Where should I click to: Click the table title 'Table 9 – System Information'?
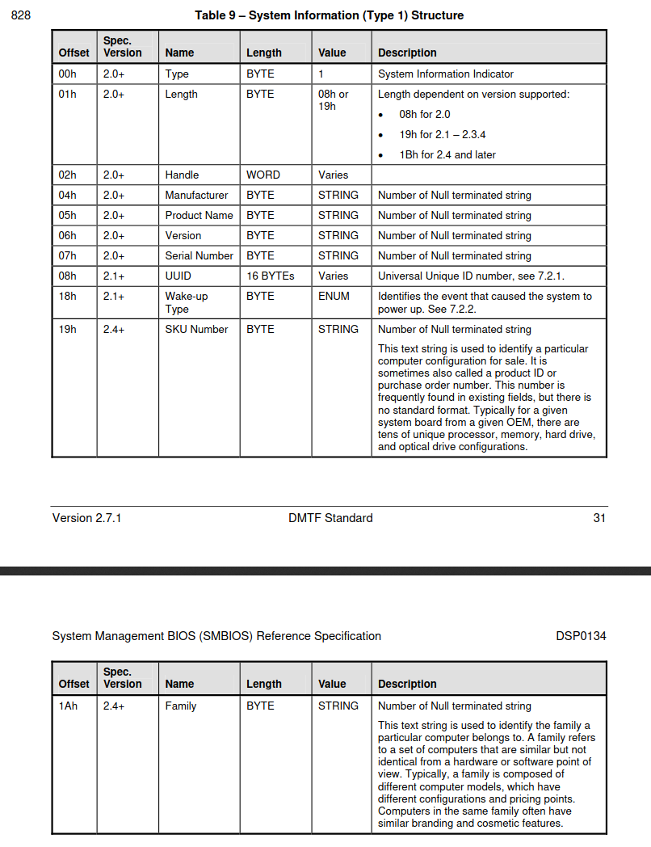(329, 15)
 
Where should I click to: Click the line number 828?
(21, 15)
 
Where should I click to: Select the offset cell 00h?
(67, 74)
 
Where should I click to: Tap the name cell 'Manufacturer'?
(196, 196)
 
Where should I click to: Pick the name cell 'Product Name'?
(199, 216)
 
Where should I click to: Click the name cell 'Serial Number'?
(199, 256)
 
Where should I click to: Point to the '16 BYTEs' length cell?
(271, 276)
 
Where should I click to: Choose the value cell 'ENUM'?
(334, 297)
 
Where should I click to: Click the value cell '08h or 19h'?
(333, 100)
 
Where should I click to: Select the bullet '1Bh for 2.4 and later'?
(447, 155)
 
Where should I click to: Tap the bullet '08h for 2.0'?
(425, 115)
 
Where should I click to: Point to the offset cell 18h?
(67, 297)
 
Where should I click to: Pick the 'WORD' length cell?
(263, 175)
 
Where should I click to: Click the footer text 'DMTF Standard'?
(330, 518)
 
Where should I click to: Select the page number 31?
(598, 518)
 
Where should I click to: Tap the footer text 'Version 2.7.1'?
(86, 518)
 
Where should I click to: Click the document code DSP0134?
(580, 636)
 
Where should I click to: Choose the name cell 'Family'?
(181, 706)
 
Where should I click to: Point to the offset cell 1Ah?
(67, 706)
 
